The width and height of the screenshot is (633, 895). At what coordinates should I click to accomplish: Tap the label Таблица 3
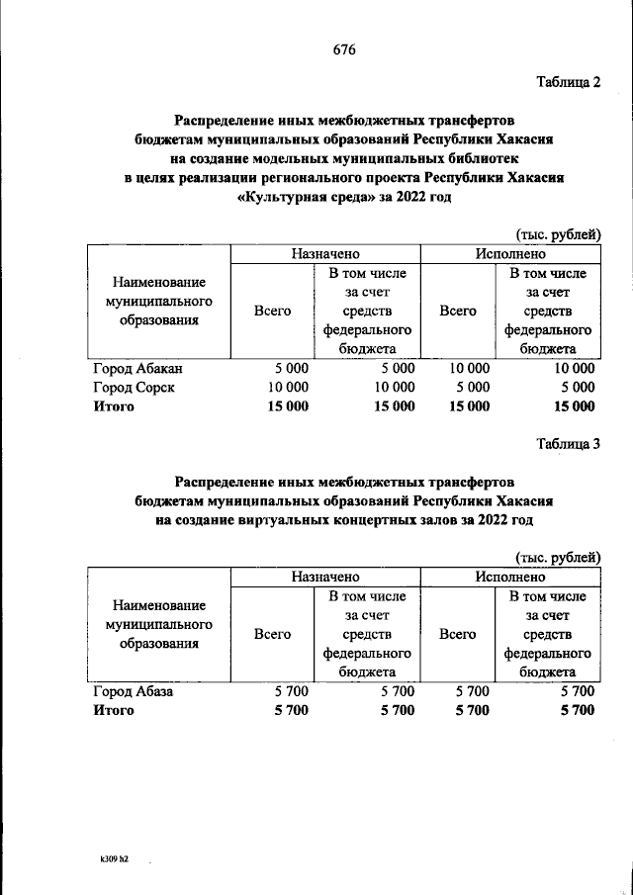[x=568, y=443]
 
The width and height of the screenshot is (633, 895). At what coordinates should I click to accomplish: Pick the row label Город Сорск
[x=134, y=388]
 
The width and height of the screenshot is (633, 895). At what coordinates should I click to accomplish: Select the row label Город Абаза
[x=133, y=692]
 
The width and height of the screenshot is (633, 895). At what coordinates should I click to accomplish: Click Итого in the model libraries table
[x=113, y=406]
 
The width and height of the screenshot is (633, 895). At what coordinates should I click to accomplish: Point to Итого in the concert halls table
[x=113, y=711]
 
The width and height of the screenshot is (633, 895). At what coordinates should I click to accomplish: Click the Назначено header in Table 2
[x=325, y=254]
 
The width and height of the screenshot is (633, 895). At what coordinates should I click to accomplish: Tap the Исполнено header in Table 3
[x=509, y=577]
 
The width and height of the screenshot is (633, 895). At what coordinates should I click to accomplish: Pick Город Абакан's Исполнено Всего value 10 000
[x=469, y=369]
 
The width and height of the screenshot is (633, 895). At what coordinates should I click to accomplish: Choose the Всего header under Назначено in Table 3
[x=272, y=634]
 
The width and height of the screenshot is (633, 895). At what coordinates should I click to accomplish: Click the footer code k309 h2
[x=108, y=861]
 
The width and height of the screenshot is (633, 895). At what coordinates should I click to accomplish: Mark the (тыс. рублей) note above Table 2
[x=558, y=234]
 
